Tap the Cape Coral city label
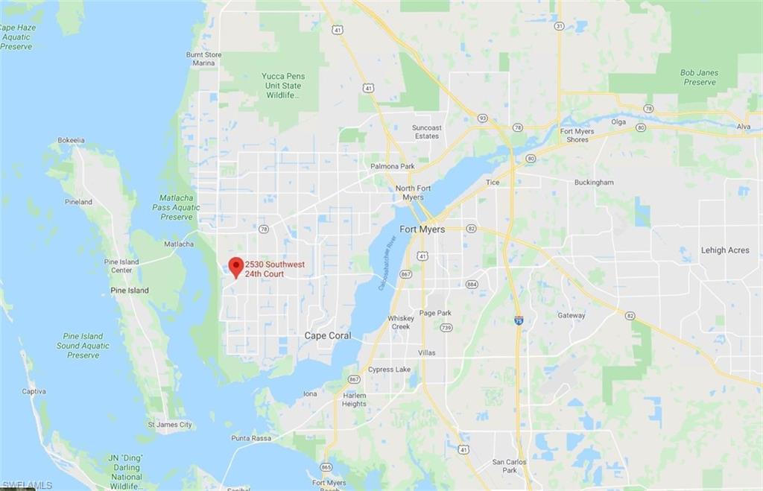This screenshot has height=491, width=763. pos(328,336)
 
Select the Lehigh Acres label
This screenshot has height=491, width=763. pos(724,250)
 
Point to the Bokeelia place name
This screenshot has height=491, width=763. pos(72,140)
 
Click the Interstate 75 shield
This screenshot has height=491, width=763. pos(519,320)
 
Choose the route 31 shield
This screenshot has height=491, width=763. pos(559,26)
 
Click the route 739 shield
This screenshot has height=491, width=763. pos(446,327)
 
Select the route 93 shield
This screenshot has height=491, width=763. pos(483,118)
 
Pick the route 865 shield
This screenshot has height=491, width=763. pos(326,467)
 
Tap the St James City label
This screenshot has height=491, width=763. pos(170,425)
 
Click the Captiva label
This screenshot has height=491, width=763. pos(34,391)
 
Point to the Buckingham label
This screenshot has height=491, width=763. pos(594,183)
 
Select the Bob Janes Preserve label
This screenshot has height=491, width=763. pos(699,77)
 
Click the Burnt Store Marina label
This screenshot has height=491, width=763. pos(204,59)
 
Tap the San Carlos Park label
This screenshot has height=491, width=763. pos(510,466)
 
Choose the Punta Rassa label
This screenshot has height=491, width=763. pos(251,438)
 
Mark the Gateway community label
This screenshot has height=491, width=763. pos(572,315)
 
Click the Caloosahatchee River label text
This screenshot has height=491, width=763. pos(390,261)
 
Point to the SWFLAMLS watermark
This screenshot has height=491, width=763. pos(27,485)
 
